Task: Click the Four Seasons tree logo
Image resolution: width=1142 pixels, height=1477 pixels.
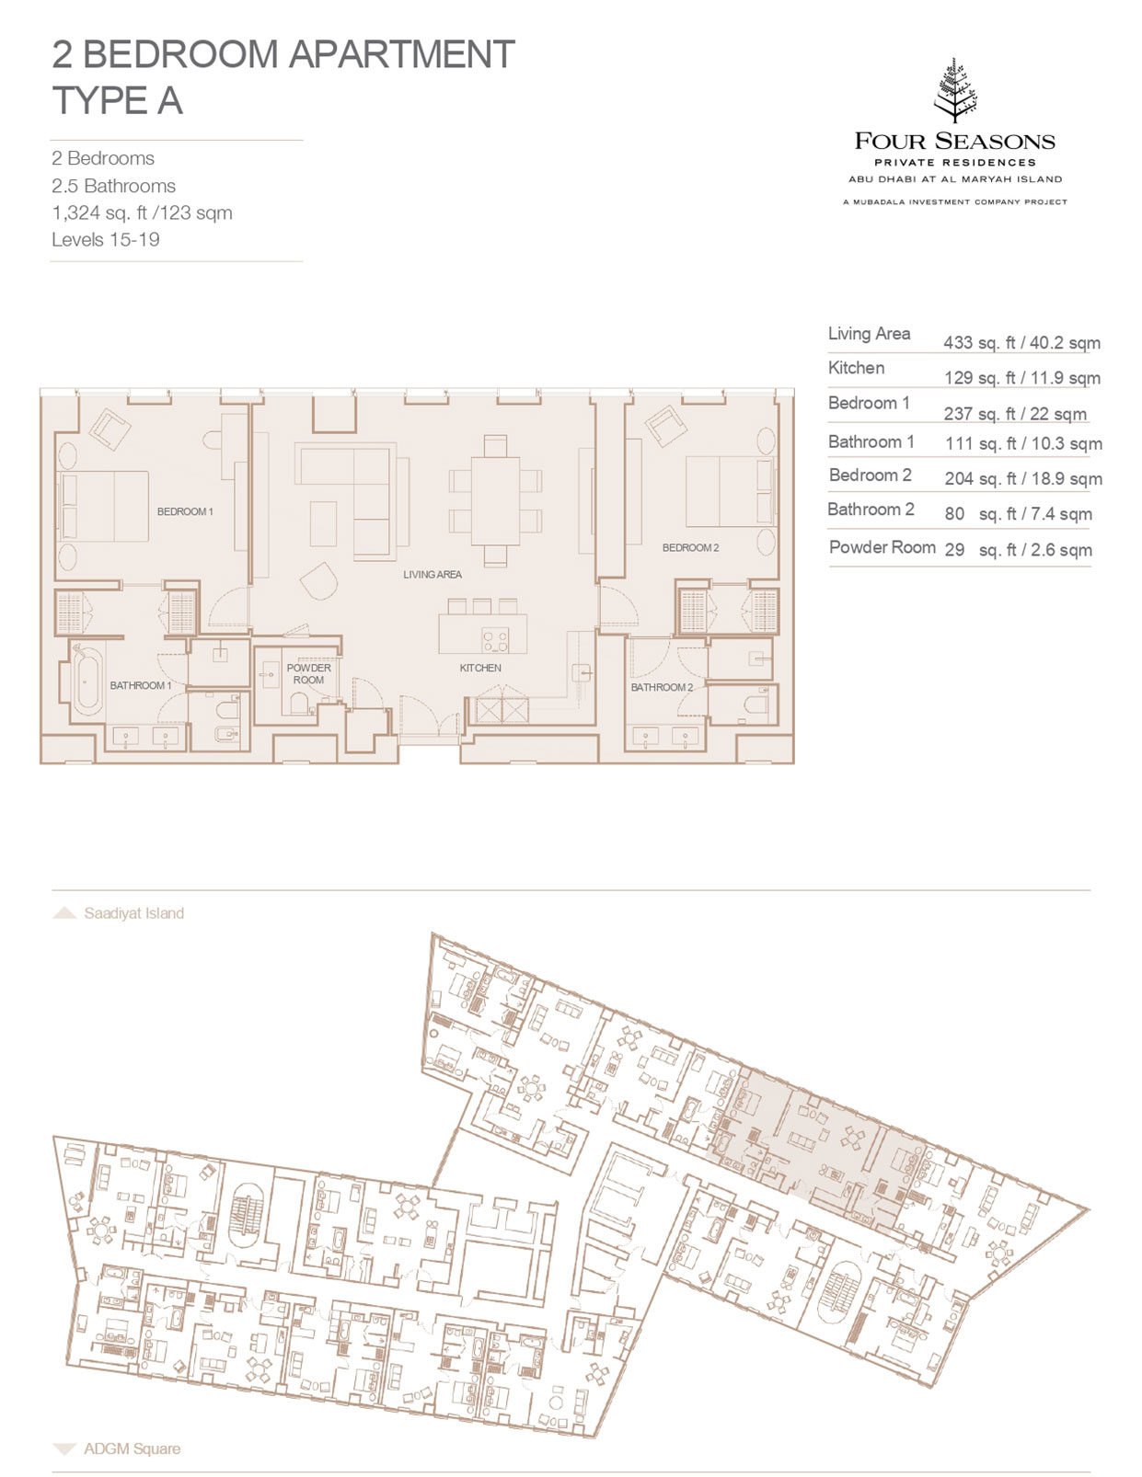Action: pyautogui.click(x=954, y=91)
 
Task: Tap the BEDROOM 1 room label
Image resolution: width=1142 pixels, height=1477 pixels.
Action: pyautogui.click(x=185, y=511)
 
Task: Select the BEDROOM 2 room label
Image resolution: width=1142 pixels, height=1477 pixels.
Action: pyautogui.click(x=690, y=547)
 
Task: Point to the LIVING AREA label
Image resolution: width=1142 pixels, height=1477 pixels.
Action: pyautogui.click(x=432, y=574)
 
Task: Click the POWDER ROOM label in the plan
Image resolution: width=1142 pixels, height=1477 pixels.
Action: pyautogui.click(x=308, y=674)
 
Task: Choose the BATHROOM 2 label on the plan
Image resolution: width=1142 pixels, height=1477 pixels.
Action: pyautogui.click(x=662, y=687)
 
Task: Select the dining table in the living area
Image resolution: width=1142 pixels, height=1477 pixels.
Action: pyautogui.click(x=495, y=501)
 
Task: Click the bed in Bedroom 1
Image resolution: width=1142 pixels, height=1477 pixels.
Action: pyautogui.click(x=103, y=507)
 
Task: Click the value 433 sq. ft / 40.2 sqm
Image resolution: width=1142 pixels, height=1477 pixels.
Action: pyautogui.click(x=1021, y=343)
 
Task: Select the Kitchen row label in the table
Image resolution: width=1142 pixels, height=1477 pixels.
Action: pyautogui.click(x=856, y=368)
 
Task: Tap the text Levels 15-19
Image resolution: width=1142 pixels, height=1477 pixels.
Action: pyautogui.click(x=106, y=240)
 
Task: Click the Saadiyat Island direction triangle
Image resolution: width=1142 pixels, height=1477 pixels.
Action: pyautogui.click(x=64, y=913)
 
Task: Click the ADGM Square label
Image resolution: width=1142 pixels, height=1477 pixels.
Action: pyautogui.click(x=132, y=1448)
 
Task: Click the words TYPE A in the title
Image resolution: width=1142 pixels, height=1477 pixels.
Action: pyautogui.click(x=118, y=101)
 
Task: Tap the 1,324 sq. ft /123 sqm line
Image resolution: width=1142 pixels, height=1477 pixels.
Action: pyautogui.click(x=142, y=213)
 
